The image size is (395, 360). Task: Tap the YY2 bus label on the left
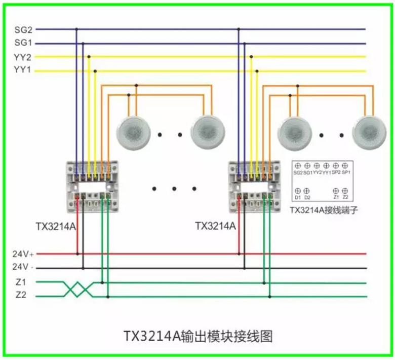[x=23, y=57]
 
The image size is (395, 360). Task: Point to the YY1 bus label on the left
[x=23, y=70]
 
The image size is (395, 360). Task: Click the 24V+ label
[x=22, y=254]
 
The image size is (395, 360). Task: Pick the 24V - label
[x=23, y=267]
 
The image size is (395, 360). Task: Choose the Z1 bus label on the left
[x=21, y=282]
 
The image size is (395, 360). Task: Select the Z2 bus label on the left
[x=21, y=296]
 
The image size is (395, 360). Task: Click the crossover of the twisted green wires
[x=78, y=289]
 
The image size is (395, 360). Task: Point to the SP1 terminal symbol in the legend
[x=345, y=165]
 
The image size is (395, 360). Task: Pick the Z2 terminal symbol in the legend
[x=345, y=190]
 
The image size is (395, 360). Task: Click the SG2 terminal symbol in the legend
[x=297, y=165]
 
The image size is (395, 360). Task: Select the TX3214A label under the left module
[x=56, y=227]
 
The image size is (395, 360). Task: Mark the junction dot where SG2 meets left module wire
[x=76, y=29]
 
